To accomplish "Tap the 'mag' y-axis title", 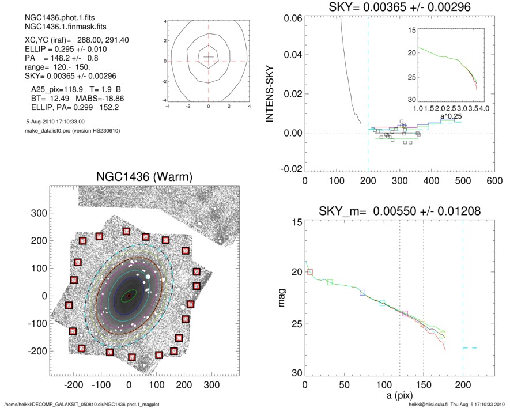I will pyautogui.click(x=282, y=299).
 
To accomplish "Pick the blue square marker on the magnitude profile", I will pyautogui.click(x=362, y=293).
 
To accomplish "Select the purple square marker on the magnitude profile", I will pyautogui.click(x=405, y=313).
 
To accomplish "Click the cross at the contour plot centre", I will pyautogui.click(x=209, y=56).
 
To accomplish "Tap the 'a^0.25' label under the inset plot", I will pyautogui.click(x=448, y=116).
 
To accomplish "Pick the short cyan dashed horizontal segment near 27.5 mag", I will pyautogui.click(x=470, y=348).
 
